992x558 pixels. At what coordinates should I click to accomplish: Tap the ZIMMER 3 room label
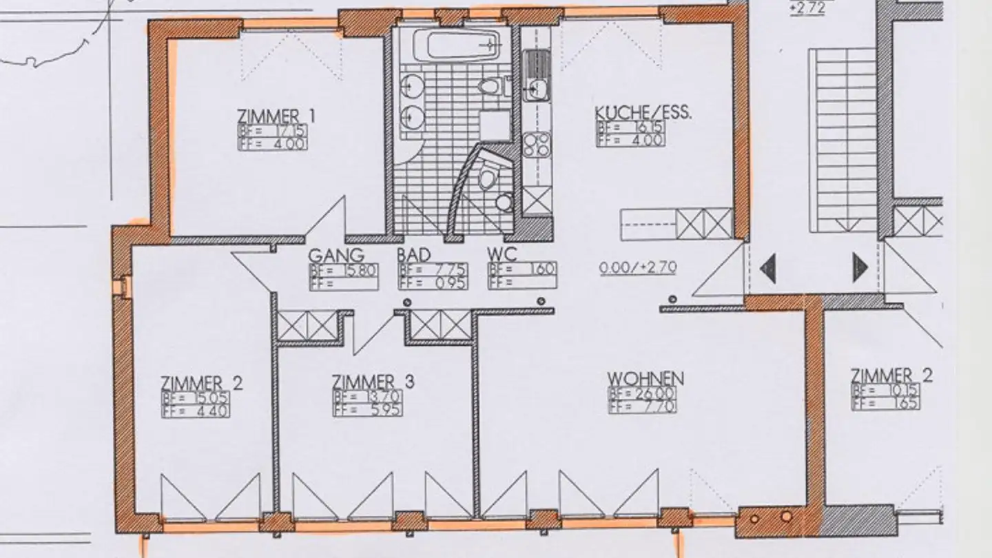tap(373, 382)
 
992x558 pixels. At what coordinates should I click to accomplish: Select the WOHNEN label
tap(645, 379)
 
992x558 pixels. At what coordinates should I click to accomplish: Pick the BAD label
tap(414, 254)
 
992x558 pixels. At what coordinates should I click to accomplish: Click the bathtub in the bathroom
tap(455, 45)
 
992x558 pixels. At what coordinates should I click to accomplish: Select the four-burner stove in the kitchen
tap(536, 145)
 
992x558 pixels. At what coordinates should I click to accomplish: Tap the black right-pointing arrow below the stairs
tap(860, 267)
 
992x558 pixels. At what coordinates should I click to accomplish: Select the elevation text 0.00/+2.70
tap(637, 267)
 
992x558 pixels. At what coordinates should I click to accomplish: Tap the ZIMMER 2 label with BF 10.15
tap(891, 376)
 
